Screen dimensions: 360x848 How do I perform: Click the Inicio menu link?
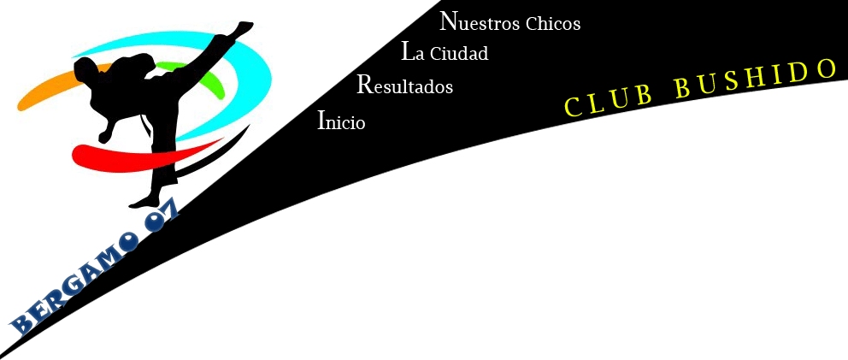[341, 121]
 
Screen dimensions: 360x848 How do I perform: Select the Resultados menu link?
[404, 86]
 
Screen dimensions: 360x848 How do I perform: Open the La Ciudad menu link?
[445, 52]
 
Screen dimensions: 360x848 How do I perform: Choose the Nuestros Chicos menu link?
[509, 21]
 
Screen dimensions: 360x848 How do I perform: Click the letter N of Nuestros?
[448, 20]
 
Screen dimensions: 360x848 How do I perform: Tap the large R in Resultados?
[364, 84]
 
